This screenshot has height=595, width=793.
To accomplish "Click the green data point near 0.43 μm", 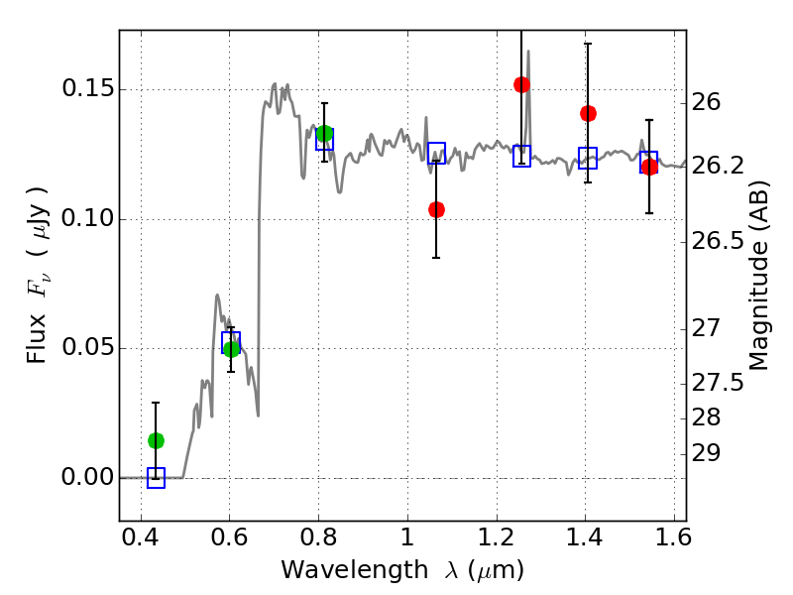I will click(156, 440).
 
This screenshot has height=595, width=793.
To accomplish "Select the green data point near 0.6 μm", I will click(232, 349).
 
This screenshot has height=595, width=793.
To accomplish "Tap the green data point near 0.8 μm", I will click(324, 134).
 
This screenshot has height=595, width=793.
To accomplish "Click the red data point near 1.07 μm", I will click(436, 209).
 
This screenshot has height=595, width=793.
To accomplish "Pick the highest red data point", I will click(521, 84).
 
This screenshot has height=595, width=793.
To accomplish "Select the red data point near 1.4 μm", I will click(588, 113).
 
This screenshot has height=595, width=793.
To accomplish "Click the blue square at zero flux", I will click(156, 478).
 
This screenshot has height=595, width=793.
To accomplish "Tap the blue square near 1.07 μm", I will click(436, 153).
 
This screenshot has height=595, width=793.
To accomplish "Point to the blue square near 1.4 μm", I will click(588, 158).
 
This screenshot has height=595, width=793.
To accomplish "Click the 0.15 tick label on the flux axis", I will click(87, 90).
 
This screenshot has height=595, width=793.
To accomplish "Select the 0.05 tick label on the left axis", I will click(87, 348).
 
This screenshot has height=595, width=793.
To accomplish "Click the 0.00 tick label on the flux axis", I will click(87, 478).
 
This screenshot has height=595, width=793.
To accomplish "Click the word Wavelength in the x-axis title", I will click(336, 570).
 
